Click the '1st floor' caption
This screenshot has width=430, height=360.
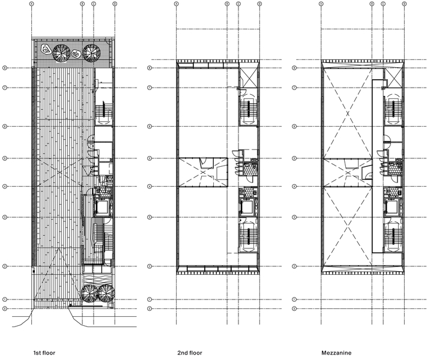(x=45, y=353)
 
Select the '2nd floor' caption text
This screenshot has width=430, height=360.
(x=189, y=353)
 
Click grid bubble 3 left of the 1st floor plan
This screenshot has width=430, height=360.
(x=5, y=217)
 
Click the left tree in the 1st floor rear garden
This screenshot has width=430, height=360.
(x=61, y=52)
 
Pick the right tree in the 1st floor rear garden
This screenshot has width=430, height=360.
(x=91, y=52)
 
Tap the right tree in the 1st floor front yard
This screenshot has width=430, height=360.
(x=106, y=293)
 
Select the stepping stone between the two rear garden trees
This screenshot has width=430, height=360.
(x=76, y=53)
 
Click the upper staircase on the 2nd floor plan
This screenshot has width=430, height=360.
(x=248, y=109)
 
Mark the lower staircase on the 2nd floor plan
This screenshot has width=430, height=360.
(x=248, y=237)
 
